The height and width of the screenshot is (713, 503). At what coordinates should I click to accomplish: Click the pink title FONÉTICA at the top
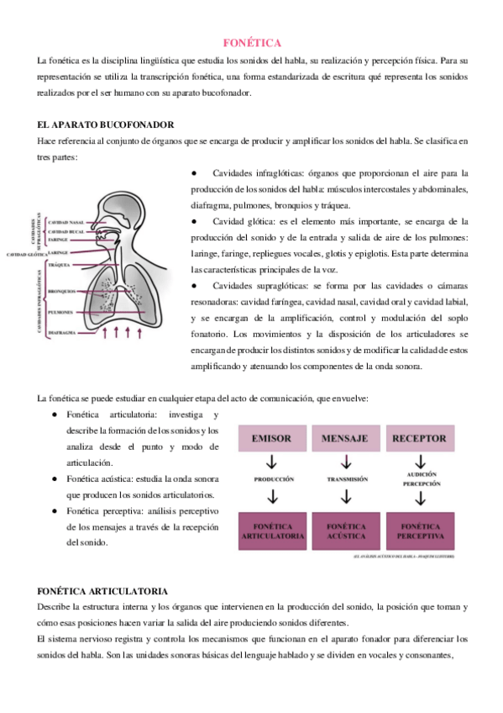click(252, 42)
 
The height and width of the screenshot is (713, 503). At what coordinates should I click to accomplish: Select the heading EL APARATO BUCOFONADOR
click(105, 123)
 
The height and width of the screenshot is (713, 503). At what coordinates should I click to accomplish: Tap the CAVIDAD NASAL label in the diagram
click(66, 222)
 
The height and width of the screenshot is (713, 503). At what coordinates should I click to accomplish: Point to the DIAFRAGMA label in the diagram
click(64, 333)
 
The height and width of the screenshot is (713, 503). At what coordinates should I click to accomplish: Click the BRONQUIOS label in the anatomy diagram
click(63, 291)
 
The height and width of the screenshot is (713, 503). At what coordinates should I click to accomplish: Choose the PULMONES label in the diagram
click(64, 312)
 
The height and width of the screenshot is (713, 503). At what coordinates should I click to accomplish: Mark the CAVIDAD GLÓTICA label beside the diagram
click(26, 254)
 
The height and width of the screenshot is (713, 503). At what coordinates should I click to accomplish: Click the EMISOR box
click(271, 438)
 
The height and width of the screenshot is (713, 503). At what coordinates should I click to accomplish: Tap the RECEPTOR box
click(420, 438)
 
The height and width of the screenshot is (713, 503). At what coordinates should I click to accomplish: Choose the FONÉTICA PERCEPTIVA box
click(420, 531)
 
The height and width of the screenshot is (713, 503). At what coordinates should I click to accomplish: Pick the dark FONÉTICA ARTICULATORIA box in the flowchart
click(272, 531)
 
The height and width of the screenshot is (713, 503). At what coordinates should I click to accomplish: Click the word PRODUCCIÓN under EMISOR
click(272, 478)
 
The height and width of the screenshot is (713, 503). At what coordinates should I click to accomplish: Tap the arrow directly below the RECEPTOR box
click(420, 461)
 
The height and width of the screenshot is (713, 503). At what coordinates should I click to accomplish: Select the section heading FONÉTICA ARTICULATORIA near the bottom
click(102, 592)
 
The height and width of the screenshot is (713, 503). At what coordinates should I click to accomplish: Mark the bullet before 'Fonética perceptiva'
click(55, 510)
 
